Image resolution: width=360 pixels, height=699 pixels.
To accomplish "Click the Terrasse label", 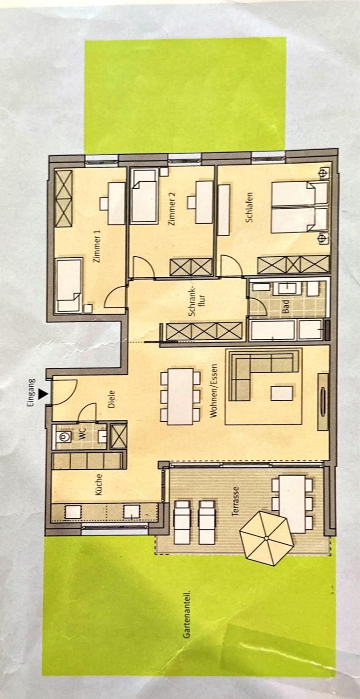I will coord(236,501).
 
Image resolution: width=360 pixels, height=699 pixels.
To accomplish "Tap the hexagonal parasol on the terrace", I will coord(267,538).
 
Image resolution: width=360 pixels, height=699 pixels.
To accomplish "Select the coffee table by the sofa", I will coord(282,393).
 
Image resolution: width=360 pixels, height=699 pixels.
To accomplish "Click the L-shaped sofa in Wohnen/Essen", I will coord(261,368).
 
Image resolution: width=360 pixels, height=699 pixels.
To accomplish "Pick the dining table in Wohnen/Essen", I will coord(181,397).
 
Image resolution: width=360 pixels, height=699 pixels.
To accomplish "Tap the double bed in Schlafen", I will coord(293,207).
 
